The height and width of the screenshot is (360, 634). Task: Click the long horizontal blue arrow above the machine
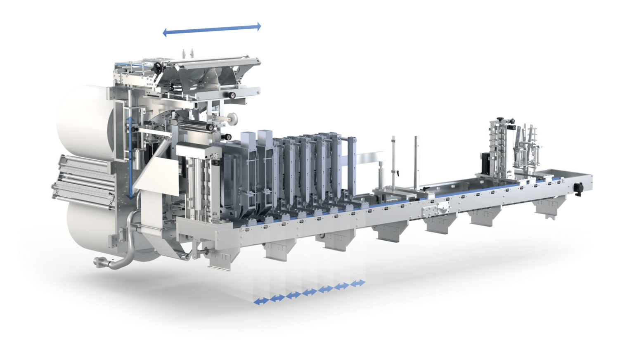(212, 29)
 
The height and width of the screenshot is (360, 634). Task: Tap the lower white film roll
(89, 231)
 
